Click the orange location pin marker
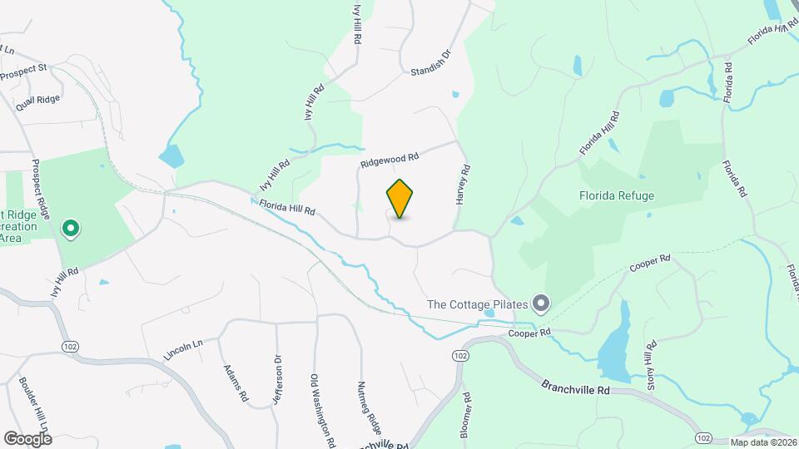[x=399, y=198]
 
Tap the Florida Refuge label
[x=617, y=196]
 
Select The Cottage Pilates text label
[x=478, y=304]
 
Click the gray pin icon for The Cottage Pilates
[x=541, y=304]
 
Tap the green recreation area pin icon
[x=72, y=227]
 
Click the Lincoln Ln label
[x=183, y=349]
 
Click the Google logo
[x=27, y=438]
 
